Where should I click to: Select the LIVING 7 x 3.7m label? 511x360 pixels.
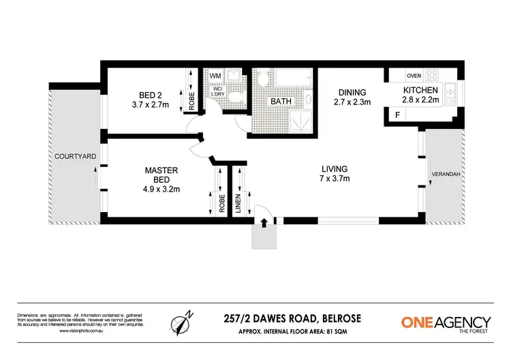point(335,174)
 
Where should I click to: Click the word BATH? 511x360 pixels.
point(281,102)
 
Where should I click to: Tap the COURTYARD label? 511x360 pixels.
point(76,157)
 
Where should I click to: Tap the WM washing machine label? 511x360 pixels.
point(214,76)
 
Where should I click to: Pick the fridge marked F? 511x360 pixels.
point(398,115)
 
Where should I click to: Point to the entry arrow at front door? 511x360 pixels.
point(264,222)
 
